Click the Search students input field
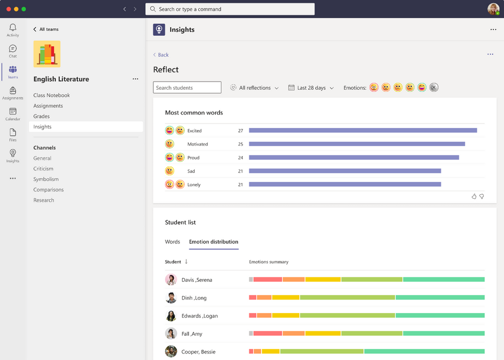pos(187,88)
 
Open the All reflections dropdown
pos(254,88)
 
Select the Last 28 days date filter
pos(311,88)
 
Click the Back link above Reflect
pos(161,55)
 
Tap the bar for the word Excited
pos(363,131)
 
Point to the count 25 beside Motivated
pos(241,144)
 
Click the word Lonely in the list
pos(194,185)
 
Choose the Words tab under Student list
pos(173,242)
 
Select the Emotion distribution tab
pos(213,242)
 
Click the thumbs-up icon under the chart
pos(474,197)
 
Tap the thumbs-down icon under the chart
pos(482,197)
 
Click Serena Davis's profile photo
pos(171,280)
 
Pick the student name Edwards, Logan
pos(200,316)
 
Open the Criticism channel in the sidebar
pos(43,169)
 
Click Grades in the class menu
pos(41,116)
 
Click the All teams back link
pos(46,29)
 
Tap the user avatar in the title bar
pos(493,9)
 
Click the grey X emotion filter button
pos(434,88)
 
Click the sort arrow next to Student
pos(186,262)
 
